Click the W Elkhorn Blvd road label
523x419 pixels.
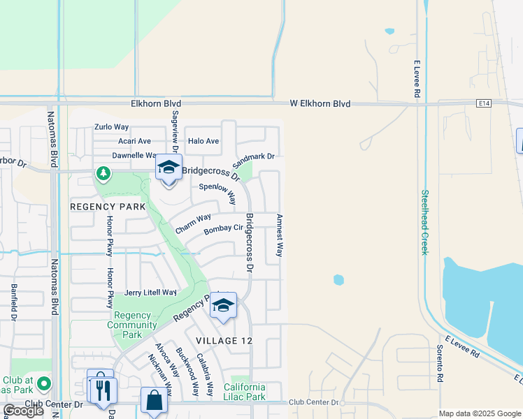click(320, 103)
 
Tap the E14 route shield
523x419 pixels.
click(483, 103)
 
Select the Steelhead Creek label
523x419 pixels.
click(424, 222)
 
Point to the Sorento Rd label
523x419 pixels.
click(440, 362)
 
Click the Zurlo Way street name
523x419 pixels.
click(112, 127)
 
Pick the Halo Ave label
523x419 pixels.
click(203, 141)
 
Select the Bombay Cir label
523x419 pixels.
click(223, 229)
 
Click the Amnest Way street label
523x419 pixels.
click(279, 235)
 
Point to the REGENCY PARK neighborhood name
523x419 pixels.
click(107, 207)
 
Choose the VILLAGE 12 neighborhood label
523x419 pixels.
click(222, 340)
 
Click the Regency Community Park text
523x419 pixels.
click(131, 325)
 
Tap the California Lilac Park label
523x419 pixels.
click(244, 392)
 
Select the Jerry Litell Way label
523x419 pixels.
click(150, 293)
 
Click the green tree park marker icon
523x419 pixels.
click(103, 172)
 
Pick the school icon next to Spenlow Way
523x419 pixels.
click(168, 168)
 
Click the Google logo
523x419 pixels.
click(23, 411)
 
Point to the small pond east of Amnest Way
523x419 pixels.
click(338, 280)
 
